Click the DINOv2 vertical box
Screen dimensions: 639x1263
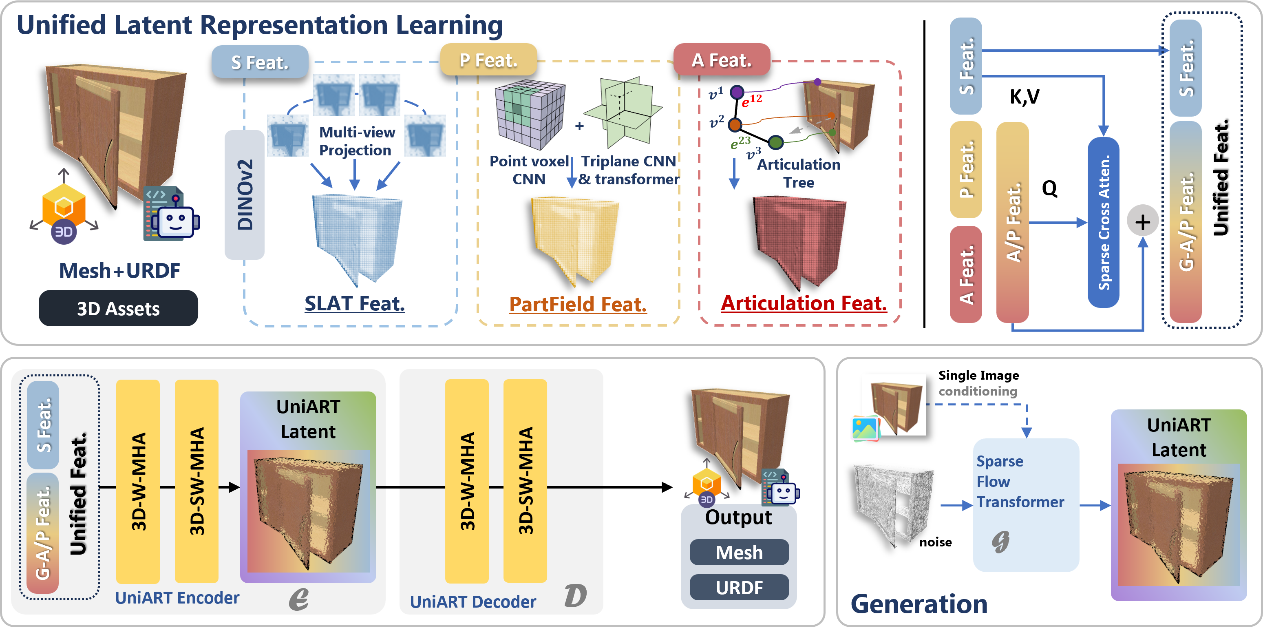(x=244, y=195)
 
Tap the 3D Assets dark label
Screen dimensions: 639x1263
(x=118, y=308)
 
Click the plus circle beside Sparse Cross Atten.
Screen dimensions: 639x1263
(x=1142, y=222)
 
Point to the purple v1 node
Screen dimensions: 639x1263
(x=737, y=92)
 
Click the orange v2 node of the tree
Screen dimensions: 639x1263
(x=735, y=124)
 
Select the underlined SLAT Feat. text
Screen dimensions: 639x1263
(x=355, y=303)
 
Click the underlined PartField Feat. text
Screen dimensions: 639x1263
(x=578, y=305)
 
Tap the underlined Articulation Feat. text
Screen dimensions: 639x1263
(x=804, y=303)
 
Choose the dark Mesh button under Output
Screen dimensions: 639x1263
(x=739, y=552)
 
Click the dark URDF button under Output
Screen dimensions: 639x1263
(x=739, y=587)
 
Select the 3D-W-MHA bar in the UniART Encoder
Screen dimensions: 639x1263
(x=138, y=481)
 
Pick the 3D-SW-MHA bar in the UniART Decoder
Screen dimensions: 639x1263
(x=525, y=481)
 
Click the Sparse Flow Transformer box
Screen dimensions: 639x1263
(x=1026, y=505)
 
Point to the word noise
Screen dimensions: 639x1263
(x=935, y=542)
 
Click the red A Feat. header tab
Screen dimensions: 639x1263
(x=721, y=60)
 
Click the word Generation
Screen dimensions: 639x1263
(x=919, y=604)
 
